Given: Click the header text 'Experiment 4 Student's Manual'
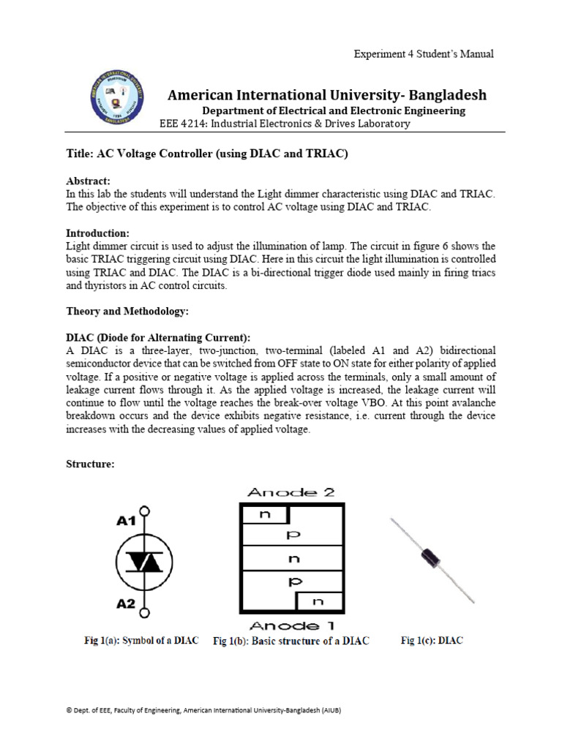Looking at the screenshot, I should [x=424, y=54].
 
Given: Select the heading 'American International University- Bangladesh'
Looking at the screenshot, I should [x=327, y=95].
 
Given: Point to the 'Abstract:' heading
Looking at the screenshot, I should [x=88, y=181].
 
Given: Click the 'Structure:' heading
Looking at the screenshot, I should [x=90, y=464].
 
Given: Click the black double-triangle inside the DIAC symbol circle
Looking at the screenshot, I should [x=146, y=561].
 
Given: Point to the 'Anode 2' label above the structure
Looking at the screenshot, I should [x=291, y=493].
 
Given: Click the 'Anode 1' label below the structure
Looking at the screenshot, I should [x=291, y=626].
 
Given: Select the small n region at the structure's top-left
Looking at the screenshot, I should [x=264, y=515].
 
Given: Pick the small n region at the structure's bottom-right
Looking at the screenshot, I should [x=318, y=603].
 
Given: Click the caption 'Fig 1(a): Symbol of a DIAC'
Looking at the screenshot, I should [x=141, y=641].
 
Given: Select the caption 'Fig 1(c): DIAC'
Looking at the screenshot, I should [x=432, y=641].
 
